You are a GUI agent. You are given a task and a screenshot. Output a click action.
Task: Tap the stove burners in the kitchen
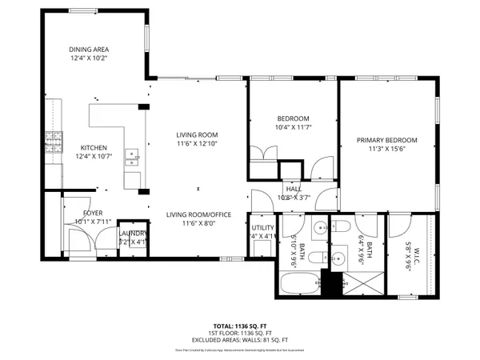(54, 144)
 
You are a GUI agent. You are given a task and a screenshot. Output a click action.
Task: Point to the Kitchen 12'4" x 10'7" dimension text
(94, 156)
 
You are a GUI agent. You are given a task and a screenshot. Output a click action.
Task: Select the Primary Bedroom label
(387, 144)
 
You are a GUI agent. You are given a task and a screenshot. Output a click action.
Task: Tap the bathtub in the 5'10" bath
(298, 283)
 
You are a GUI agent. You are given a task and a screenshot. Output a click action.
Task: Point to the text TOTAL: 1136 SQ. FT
(240, 326)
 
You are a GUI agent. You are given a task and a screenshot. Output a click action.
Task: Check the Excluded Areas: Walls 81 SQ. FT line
(240, 341)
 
